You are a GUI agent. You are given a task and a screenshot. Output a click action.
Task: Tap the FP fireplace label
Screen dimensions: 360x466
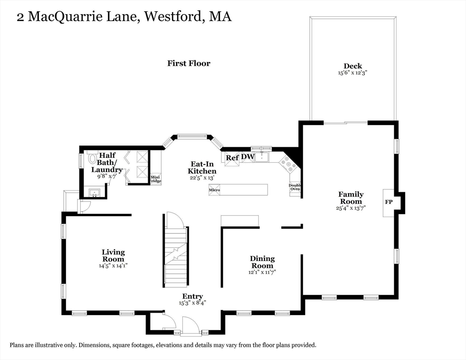(x=389, y=202)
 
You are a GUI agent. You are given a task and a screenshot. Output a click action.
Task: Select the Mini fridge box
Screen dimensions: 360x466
(x=155, y=179)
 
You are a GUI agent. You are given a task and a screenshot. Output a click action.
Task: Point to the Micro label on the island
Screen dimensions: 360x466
(x=214, y=190)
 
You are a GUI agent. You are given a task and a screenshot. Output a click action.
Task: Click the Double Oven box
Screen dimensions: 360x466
(x=295, y=187)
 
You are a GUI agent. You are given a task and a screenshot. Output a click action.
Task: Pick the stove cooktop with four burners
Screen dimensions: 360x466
(x=288, y=164)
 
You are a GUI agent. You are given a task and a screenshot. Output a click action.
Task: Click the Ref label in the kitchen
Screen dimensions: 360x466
(x=232, y=157)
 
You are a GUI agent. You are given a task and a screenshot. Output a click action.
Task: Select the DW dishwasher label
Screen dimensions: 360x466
(x=248, y=157)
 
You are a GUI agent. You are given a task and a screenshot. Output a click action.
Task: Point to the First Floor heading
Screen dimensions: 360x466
(x=189, y=63)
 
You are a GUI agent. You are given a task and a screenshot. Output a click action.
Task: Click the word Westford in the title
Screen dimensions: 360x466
(x=171, y=17)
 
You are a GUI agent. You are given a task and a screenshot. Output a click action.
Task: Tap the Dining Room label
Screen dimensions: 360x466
(x=262, y=262)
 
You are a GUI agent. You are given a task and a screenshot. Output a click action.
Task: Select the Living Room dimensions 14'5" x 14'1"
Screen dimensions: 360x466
(x=113, y=266)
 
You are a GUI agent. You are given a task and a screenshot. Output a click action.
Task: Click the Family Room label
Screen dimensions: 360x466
(x=351, y=198)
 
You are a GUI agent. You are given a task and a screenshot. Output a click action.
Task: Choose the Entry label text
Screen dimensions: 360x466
(x=192, y=296)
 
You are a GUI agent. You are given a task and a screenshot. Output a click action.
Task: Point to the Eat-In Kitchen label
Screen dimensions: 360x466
(x=202, y=168)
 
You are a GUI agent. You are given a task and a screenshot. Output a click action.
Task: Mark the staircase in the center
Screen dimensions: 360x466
(x=176, y=255)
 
